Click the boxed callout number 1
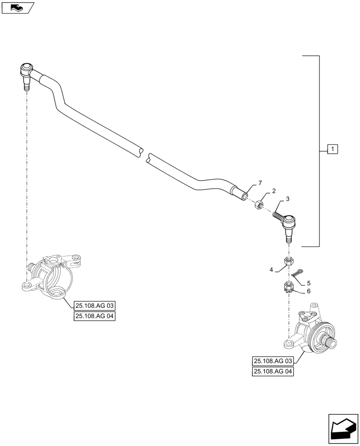(x=333, y=149)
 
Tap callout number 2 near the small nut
(x=274, y=191)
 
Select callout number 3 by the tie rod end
(x=288, y=198)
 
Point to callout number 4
(x=271, y=269)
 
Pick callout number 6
(x=308, y=291)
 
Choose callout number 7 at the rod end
(x=260, y=183)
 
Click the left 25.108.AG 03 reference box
(x=94, y=306)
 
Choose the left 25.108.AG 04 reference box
(x=94, y=316)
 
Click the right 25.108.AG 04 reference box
(x=273, y=371)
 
